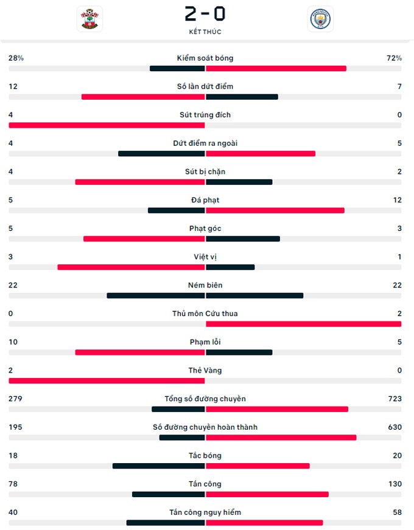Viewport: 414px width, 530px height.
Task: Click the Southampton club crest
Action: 89,19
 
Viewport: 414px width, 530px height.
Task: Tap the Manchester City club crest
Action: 320,19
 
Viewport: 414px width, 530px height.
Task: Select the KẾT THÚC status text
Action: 205,32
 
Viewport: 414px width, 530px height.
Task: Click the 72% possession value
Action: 394,58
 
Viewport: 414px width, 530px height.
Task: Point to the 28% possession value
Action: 16,58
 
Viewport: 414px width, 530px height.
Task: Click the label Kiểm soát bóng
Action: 205,58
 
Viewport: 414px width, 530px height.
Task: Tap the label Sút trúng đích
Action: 205,115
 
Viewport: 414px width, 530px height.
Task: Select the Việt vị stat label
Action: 205,257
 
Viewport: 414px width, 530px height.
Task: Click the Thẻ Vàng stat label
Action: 205,371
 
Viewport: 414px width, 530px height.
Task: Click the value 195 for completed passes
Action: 15,427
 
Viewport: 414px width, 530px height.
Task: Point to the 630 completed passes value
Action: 395,427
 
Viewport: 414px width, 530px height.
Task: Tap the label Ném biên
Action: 205,285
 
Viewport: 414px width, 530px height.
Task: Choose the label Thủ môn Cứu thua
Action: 205,314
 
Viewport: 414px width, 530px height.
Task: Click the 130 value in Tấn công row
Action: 395,484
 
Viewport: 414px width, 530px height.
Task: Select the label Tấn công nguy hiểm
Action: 205,512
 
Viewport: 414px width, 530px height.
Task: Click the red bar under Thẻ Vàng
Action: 107,381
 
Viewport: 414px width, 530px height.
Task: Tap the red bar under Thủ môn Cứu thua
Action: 303,324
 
